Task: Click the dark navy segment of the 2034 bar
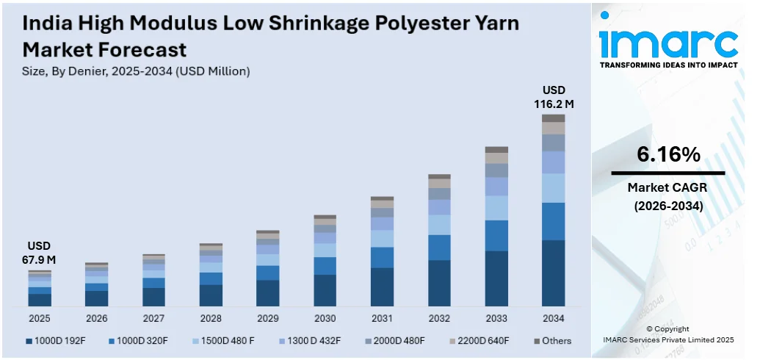pos(553,273)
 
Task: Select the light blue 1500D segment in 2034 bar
pos(553,187)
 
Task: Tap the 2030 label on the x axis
pos(325,318)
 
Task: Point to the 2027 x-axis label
pos(153,318)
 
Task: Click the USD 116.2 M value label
pos(553,97)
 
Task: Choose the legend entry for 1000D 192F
pos(59,341)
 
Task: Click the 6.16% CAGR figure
pos(667,154)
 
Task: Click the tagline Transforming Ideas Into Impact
pos(668,65)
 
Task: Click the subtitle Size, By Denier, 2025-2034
pos(137,71)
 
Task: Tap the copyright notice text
pos(667,334)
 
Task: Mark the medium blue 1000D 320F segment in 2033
pos(496,235)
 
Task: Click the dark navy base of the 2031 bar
pos(382,287)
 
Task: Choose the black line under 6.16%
pos(667,173)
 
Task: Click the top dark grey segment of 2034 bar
pos(553,118)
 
